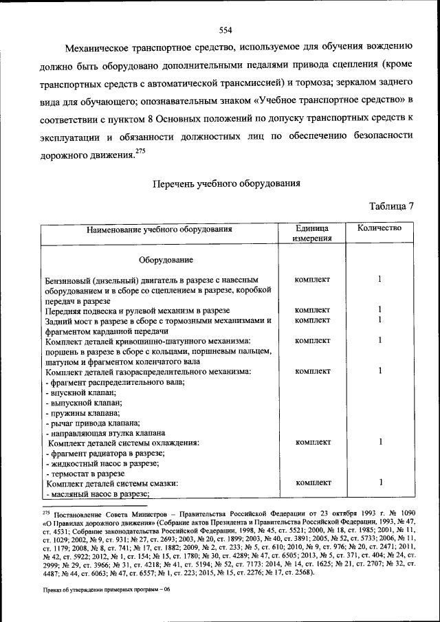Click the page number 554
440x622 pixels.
(x=225, y=30)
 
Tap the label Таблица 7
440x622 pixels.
(x=391, y=206)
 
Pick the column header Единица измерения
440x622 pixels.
(x=312, y=233)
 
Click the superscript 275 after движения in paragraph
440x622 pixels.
(x=141, y=151)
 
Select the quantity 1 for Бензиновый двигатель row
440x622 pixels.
(x=379, y=280)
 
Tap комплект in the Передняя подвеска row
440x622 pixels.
(x=312, y=310)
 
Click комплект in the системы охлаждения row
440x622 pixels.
(x=312, y=442)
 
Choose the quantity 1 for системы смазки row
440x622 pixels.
(x=379, y=483)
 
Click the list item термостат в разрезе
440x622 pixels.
(x=85, y=474)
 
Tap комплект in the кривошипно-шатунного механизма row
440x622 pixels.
(x=312, y=340)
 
